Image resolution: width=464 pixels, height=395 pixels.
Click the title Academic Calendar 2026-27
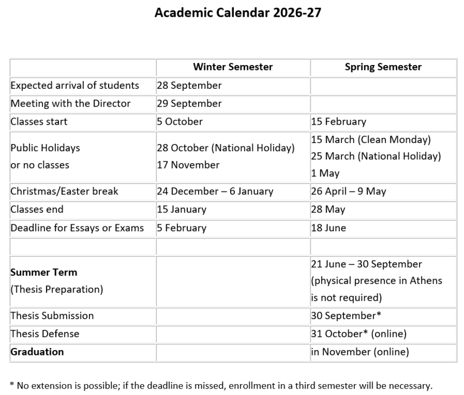pyautogui.click(x=238, y=12)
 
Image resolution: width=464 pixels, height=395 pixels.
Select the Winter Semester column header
pyautogui.click(x=233, y=67)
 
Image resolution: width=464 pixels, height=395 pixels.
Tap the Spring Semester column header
pyautogui.click(x=383, y=67)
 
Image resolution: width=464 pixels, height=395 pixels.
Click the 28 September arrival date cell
pyautogui.click(x=189, y=86)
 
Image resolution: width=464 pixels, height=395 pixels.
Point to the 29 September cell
pyautogui.click(x=189, y=103)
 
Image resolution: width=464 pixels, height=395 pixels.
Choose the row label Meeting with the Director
pyautogui.click(x=71, y=103)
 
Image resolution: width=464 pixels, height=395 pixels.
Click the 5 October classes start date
pyautogui.click(x=180, y=121)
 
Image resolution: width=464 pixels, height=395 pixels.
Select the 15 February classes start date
pyautogui.click(x=339, y=121)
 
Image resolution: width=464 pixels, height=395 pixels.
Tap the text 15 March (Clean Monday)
pyautogui.click(x=371, y=140)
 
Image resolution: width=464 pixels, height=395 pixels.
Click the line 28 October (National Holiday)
pyautogui.click(x=226, y=148)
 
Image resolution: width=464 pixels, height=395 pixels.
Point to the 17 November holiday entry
pyautogui.click(x=188, y=165)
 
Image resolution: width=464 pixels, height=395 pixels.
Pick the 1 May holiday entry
pyautogui.click(x=325, y=173)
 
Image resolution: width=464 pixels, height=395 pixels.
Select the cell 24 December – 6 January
pyautogui.click(x=215, y=191)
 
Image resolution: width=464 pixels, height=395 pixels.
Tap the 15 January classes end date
pyautogui.click(x=182, y=210)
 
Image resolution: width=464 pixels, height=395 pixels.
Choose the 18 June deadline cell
pyautogui.click(x=328, y=228)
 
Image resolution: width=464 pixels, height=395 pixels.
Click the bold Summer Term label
pyautogui.click(x=44, y=272)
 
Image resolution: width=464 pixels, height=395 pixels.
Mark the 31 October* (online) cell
pyautogui.click(x=359, y=334)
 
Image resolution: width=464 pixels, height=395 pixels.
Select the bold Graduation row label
pyautogui.click(x=37, y=352)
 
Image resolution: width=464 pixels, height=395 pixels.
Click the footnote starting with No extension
pyautogui.click(x=221, y=386)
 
